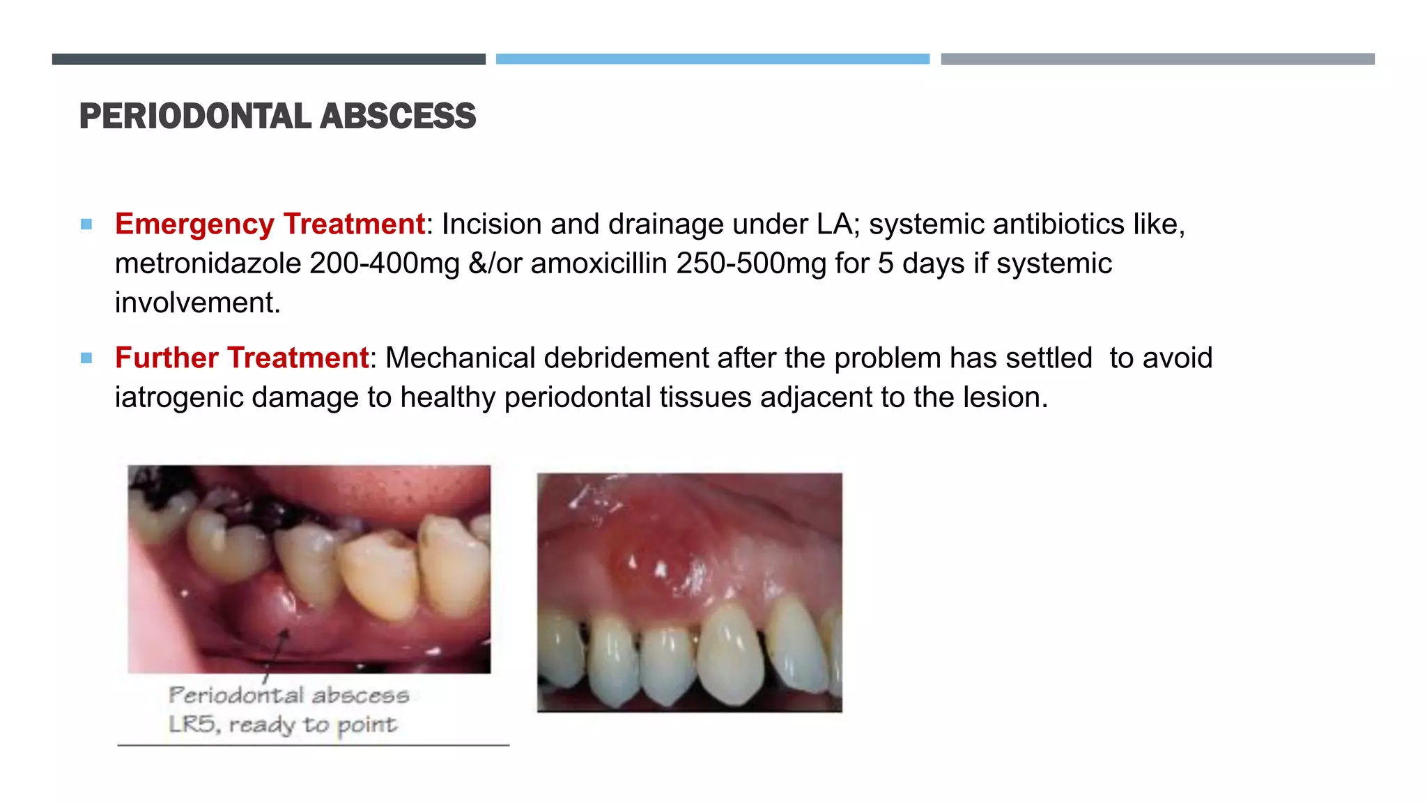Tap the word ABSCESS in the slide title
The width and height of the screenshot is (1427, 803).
click(398, 116)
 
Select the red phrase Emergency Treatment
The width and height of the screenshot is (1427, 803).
click(270, 224)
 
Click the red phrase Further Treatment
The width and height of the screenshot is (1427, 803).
click(242, 358)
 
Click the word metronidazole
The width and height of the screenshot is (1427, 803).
click(208, 264)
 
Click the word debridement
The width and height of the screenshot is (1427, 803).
click(626, 358)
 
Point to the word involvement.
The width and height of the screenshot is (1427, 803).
click(197, 303)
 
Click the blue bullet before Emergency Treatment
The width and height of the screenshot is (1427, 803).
click(86, 224)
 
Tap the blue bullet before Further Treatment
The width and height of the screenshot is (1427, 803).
click(86, 358)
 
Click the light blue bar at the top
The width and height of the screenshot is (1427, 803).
click(712, 59)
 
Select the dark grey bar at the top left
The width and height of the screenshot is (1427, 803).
click(268, 59)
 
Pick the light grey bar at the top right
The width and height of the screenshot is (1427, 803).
click(1157, 59)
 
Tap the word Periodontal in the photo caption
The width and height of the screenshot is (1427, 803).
click(236, 695)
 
